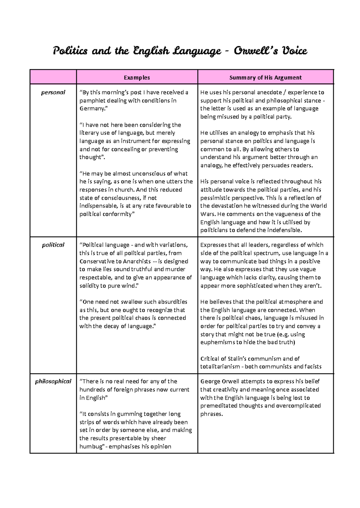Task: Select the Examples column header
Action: [x=137, y=77]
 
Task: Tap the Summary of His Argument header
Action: [x=265, y=77]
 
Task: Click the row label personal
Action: [x=53, y=92]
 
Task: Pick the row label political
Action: [x=53, y=245]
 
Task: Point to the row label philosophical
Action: [x=53, y=381]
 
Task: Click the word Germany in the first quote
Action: [x=92, y=109]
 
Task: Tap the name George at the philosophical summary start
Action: [x=210, y=381]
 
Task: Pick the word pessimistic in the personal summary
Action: [x=216, y=198]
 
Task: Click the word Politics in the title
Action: [x=70, y=51]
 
